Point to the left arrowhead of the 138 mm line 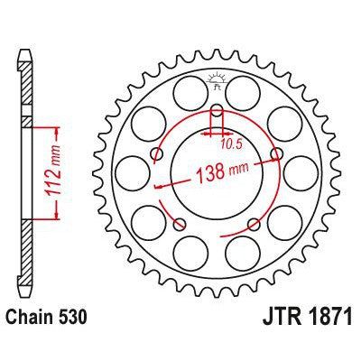click(159, 185)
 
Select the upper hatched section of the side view click(27, 86)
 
